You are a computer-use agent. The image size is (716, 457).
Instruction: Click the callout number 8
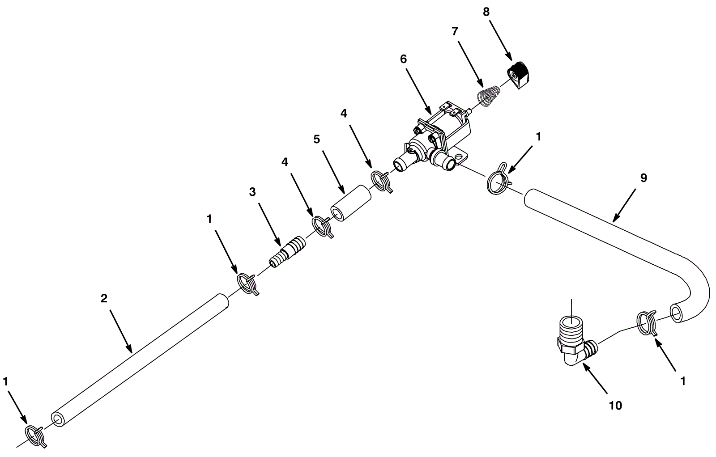coord(486,12)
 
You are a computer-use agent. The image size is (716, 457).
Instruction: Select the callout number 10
coord(615,405)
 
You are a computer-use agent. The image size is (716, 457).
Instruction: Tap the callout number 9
coord(643,178)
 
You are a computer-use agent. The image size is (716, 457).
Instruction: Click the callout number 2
coord(104,299)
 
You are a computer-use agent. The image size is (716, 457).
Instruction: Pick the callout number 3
coord(252,192)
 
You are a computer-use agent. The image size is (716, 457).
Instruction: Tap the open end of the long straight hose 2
coord(59,419)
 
